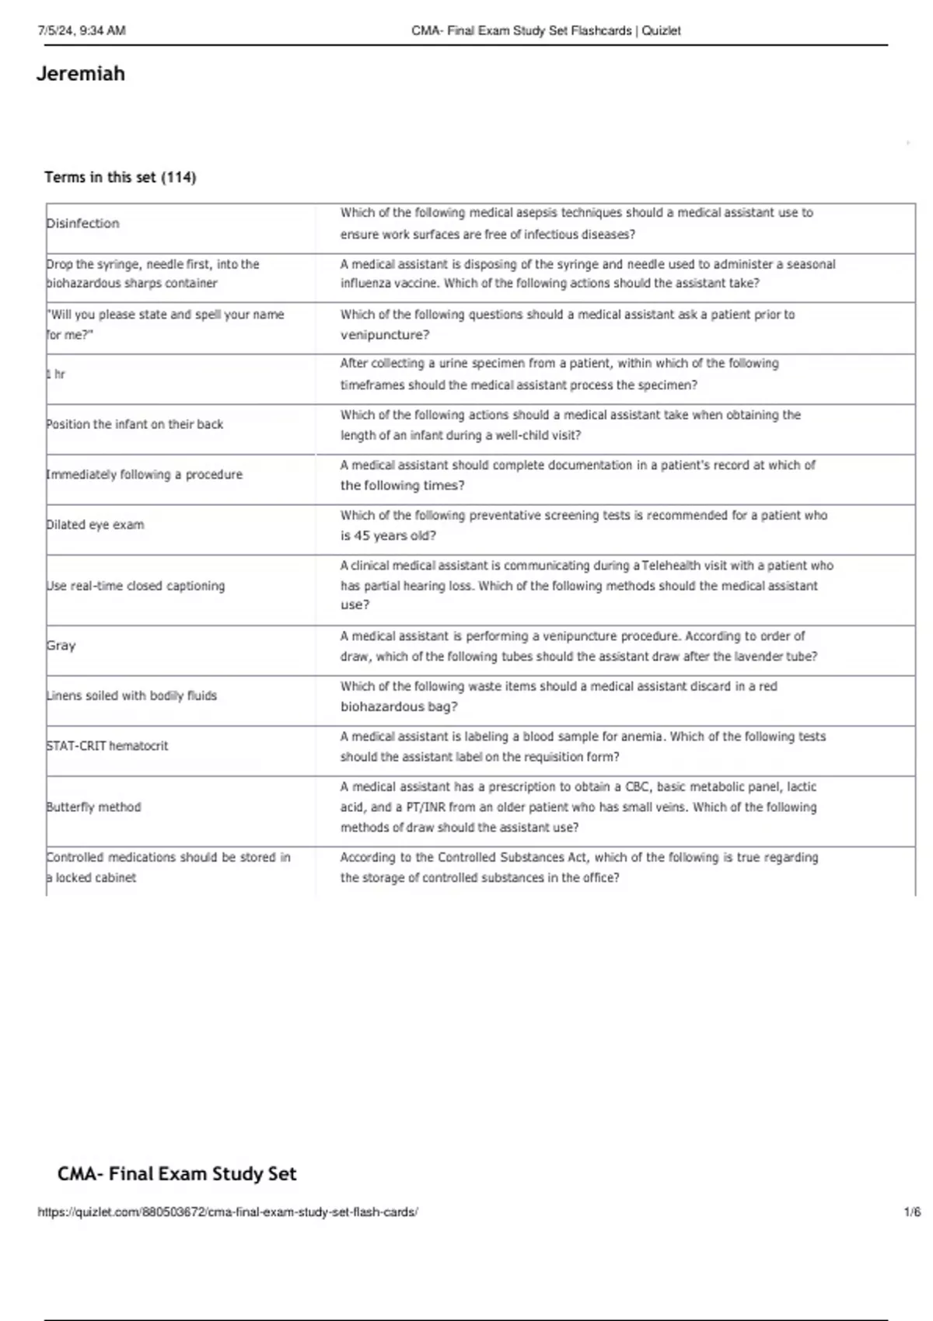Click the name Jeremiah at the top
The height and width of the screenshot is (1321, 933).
[80, 74]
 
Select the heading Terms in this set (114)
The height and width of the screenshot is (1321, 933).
[120, 177]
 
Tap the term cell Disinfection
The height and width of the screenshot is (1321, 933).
[83, 224]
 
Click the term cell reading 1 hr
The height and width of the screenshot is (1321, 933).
[56, 375]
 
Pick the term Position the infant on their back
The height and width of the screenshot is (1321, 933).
[135, 424]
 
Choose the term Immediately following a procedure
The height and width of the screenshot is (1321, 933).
[145, 475]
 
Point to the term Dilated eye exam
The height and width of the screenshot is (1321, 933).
[96, 525]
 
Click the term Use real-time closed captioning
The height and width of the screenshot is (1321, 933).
[136, 586]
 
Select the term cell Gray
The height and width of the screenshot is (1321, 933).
[61, 646]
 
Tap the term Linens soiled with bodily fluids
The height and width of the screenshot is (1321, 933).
[132, 696]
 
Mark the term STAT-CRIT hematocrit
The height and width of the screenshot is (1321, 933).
[107, 746]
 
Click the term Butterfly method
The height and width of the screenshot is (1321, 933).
[94, 807]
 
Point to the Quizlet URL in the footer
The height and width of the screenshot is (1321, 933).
[228, 1212]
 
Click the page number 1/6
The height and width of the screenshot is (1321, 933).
[912, 1212]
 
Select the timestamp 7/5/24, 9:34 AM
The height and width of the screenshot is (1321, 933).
[82, 31]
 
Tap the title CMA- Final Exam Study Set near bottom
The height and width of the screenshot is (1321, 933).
[176, 1174]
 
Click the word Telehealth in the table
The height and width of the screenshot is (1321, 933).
[671, 566]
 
